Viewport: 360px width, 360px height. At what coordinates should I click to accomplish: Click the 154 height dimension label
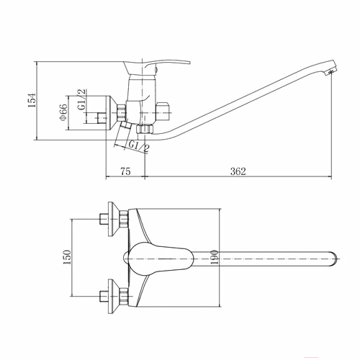tap(32, 100)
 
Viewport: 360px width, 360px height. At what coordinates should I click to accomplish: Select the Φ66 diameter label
tap(63, 112)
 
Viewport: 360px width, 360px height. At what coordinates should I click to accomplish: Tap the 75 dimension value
tap(125, 171)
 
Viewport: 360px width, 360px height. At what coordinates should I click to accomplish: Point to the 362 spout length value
tap(238, 171)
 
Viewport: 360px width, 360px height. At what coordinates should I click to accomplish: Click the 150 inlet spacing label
tap(67, 257)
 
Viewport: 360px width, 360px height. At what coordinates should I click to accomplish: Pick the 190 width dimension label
tap(215, 257)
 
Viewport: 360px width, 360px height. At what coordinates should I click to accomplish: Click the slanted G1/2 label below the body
tap(139, 146)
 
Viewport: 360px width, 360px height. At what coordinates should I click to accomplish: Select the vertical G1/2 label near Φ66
tap(81, 99)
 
